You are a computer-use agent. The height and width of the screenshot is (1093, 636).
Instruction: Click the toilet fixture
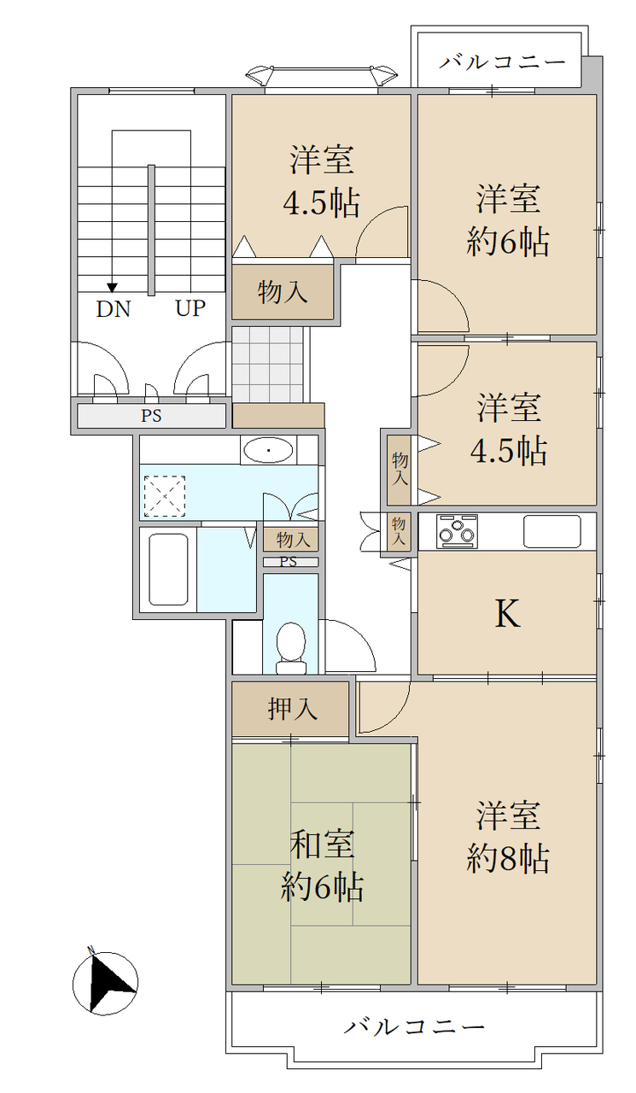tap(291, 648)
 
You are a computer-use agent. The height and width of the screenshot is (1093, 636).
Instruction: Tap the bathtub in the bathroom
tap(168, 569)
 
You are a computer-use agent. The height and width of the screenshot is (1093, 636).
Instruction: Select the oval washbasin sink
tap(269, 450)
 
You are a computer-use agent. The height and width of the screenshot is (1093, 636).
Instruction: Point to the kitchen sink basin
tap(552, 531)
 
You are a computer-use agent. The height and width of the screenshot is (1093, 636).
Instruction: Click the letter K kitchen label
tap(507, 613)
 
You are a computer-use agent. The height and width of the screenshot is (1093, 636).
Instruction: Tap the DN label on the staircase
tap(114, 309)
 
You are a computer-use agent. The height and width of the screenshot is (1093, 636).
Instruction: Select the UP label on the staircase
tap(190, 308)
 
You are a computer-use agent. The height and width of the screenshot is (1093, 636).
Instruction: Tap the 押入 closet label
tap(293, 709)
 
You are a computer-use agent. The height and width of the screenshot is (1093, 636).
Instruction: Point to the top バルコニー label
tap(502, 62)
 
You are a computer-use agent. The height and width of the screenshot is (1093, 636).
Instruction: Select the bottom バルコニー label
tap(414, 1026)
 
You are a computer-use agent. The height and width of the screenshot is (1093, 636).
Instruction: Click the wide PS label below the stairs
tap(151, 416)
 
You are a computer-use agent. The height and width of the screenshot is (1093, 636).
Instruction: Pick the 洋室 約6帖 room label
tap(508, 220)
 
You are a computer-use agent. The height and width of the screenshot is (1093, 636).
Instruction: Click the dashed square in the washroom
tap(165, 496)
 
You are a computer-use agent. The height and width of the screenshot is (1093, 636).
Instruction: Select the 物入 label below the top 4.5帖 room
tap(283, 292)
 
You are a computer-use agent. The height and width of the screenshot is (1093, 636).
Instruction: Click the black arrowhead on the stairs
tap(113, 288)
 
